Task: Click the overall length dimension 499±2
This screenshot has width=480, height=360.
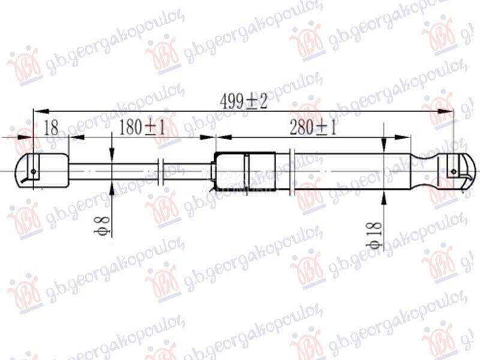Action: pos(244,101)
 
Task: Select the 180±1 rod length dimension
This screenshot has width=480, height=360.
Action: pos(142,128)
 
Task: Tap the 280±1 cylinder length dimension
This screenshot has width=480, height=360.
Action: pos(313,128)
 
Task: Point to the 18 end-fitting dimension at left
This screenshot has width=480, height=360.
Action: pos(51,128)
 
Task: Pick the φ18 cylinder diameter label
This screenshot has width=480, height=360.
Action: pos(374,235)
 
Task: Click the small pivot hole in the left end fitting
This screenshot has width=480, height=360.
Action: pos(33,172)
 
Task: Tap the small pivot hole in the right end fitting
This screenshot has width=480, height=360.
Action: pos(454,172)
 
